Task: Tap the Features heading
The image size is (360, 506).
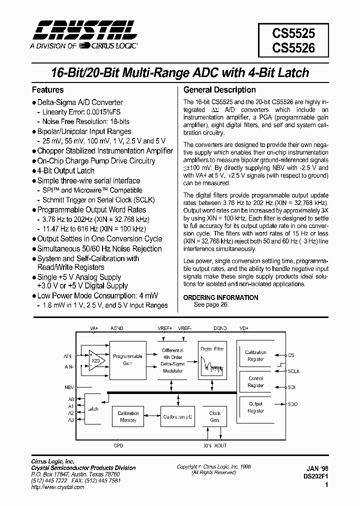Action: pos(48,90)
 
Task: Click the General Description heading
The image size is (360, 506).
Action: pos(219,90)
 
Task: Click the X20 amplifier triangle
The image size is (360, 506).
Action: pos(96,360)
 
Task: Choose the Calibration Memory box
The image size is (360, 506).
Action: pos(128,416)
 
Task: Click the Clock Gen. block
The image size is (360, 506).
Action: pos(215,416)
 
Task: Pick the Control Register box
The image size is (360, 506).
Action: pos(255,382)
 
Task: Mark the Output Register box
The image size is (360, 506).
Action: pos(255,407)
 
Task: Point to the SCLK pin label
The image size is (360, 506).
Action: pos(293,371)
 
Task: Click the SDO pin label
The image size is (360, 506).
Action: pos(292,404)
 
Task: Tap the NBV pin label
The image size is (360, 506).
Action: pos(69,387)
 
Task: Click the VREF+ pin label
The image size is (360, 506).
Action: pos(164,328)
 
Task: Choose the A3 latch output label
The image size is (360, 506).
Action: pos(71,420)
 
